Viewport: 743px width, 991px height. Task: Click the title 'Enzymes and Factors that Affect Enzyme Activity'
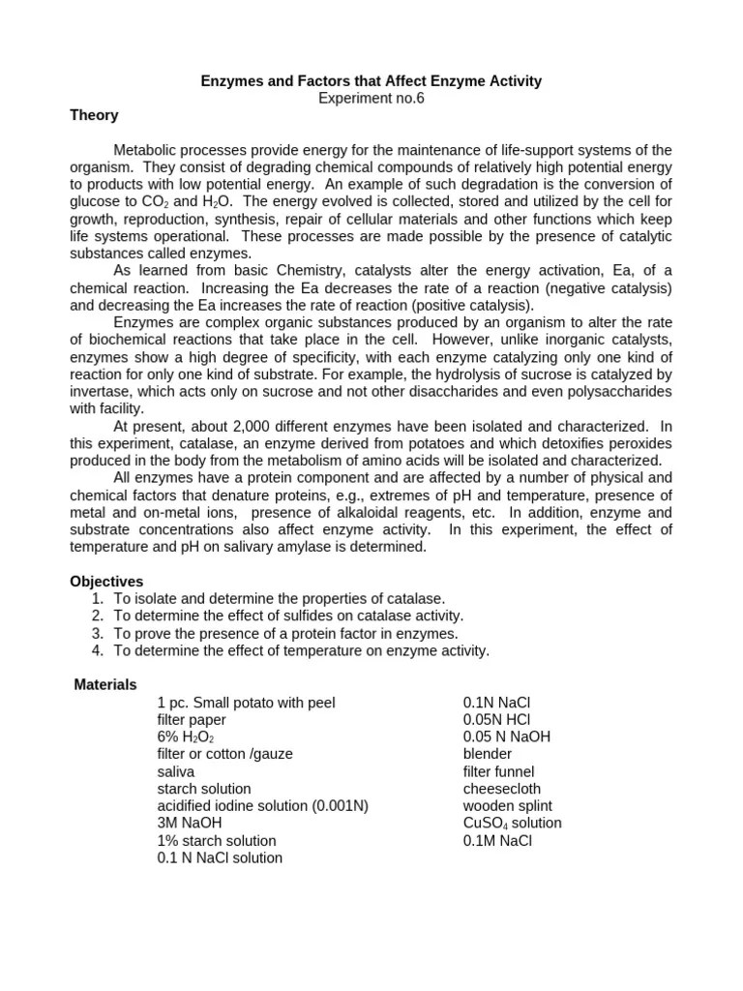point(371,81)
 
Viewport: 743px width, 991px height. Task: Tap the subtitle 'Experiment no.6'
point(371,98)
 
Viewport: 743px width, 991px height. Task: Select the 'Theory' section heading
point(94,115)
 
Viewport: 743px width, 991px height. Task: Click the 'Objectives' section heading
point(106,582)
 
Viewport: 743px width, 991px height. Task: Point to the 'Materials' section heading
point(105,684)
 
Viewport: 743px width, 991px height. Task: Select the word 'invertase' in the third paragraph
point(100,391)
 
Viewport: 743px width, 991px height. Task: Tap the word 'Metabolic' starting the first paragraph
point(144,150)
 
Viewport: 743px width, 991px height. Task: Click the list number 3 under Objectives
point(98,633)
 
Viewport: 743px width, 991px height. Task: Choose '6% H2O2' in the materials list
point(186,736)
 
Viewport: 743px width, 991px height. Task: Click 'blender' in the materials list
point(488,754)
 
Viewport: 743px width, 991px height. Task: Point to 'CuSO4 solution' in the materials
point(512,824)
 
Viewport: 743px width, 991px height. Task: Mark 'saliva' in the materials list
point(176,771)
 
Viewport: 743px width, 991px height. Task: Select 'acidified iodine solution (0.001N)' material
point(263,806)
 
